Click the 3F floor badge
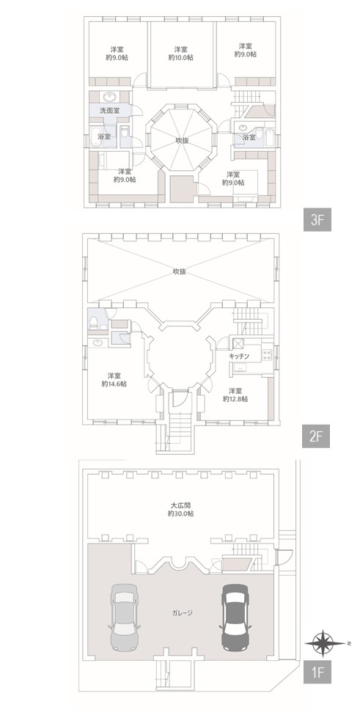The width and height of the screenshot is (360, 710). pyautogui.click(x=317, y=221)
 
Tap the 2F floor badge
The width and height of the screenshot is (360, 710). pyautogui.click(x=315, y=437)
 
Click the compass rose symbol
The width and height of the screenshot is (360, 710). pyautogui.click(x=325, y=643)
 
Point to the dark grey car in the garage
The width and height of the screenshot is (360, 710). pyautogui.click(x=235, y=616)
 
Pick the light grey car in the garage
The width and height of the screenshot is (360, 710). pyautogui.click(x=124, y=616)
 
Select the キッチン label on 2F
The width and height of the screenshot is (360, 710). pyautogui.click(x=239, y=356)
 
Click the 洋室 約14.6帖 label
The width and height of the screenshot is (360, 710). pyautogui.click(x=114, y=379)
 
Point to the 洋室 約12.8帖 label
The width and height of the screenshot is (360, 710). pyautogui.click(x=235, y=395)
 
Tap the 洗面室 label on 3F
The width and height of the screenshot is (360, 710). pyautogui.click(x=110, y=110)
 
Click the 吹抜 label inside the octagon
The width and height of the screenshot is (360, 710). pyautogui.click(x=182, y=141)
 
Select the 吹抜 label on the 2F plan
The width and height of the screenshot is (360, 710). pyautogui.click(x=180, y=271)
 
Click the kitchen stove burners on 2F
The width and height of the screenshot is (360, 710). pyautogui.click(x=266, y=354)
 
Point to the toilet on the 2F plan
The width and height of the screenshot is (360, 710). pyautogui.click(x=94, y=322)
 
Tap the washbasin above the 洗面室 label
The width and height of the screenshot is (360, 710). pyautogui.click(x=110, y=97)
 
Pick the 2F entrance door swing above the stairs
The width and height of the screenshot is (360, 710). pyautogui.click(x=180, y=398)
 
